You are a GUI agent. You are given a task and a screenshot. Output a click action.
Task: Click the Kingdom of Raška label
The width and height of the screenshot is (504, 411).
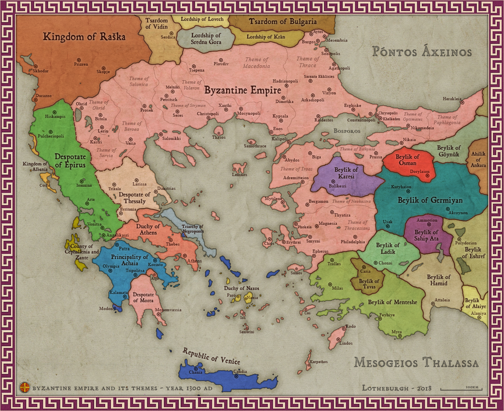[84, 37]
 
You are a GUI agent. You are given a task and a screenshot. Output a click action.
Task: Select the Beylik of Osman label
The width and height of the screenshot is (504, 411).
[407, 160]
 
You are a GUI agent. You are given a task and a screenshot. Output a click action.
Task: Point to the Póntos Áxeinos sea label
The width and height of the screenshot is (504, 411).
[422, 51]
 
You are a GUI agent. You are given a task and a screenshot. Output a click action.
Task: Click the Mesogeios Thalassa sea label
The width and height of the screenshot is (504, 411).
[416, 362]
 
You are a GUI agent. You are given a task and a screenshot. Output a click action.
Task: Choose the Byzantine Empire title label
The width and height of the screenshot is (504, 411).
[243, 90]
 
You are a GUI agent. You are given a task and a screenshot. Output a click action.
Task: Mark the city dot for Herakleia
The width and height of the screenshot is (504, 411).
[462, 103]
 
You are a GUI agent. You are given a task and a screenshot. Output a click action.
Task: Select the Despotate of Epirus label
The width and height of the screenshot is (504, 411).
[70, 161]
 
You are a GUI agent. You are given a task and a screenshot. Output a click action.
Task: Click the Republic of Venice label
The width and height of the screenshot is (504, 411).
[211, 356]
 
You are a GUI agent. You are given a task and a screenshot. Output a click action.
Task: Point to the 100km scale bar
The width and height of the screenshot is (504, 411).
[461, 389]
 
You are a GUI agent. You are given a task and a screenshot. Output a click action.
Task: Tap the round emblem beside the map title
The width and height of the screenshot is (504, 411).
[25, 388]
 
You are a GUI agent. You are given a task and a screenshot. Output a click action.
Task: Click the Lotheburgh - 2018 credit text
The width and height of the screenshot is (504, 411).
[396, 388]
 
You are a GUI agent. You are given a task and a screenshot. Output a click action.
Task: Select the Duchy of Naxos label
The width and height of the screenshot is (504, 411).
[241, 288]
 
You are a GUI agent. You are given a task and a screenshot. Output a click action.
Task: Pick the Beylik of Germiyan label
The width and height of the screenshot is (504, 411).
[430, 200]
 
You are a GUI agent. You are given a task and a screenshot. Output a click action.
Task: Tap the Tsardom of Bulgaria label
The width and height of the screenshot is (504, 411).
[283, 22]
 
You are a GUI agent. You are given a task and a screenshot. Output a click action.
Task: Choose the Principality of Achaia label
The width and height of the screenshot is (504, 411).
[130, 260]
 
